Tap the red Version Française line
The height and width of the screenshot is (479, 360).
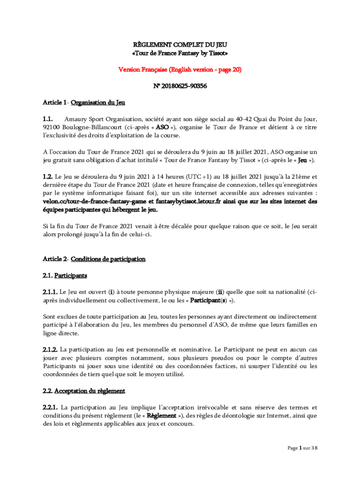coord(180,69)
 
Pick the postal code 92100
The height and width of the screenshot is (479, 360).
coord(51,127)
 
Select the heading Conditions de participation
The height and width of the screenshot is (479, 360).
coord(108,259)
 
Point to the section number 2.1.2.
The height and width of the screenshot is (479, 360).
coord(50,349)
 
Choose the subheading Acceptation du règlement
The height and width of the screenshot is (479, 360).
coord(90,391)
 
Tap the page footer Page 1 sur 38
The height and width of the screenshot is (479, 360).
coord(302,448)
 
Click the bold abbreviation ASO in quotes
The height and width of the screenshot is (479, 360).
coord(162,127)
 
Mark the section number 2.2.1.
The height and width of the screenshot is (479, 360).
coord(50,407)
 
